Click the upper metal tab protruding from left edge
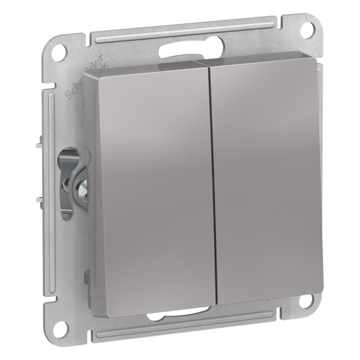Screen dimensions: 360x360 [40, 143]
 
